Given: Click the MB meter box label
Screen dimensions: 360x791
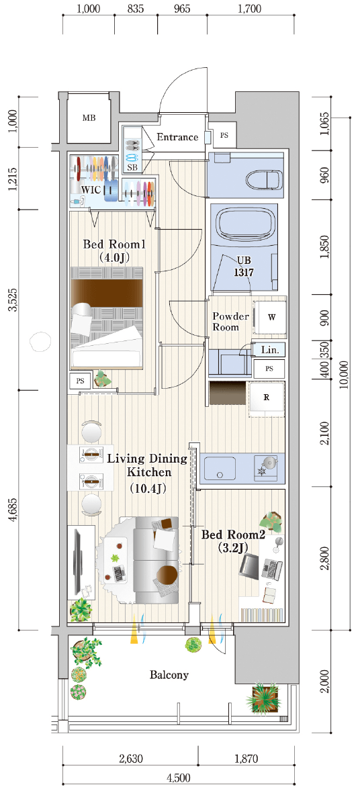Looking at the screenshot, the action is tap(89, 118).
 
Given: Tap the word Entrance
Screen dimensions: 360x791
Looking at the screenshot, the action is tap(177, 137).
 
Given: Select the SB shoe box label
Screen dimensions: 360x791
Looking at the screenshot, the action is tap(132, 167).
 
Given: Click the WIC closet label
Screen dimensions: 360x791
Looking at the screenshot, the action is tap(93, 189).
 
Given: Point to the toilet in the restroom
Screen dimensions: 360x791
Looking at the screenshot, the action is tap(263, 177).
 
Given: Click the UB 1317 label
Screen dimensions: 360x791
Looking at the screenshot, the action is tap(244, 267).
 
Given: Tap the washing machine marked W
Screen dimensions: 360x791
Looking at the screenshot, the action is tap(271, 318).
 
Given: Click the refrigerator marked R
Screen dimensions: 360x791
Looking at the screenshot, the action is tap(267, 397).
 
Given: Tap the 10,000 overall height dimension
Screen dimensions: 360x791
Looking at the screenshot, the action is tap(344, 374).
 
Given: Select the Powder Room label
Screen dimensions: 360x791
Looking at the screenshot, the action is tap(230, 322).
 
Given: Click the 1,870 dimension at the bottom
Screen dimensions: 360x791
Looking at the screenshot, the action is tap(245, 757).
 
